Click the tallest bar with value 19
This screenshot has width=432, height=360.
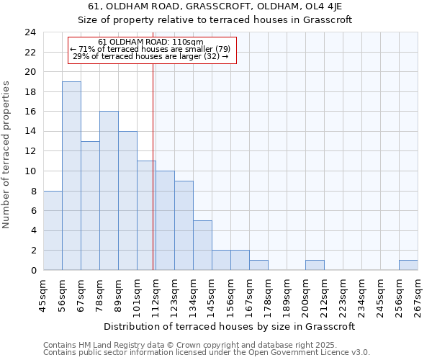point(71,176)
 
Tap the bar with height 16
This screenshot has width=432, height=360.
point(109,191)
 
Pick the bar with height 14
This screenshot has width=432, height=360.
point(127,201)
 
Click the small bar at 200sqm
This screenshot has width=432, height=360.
point(315,265)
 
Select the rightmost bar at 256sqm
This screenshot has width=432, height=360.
point(408,265)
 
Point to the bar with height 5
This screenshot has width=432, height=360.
point(202,246)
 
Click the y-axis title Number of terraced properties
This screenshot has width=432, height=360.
point(7,154)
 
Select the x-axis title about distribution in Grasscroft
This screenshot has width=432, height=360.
point(230,326)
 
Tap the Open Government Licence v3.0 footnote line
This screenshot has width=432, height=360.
point(207,353)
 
